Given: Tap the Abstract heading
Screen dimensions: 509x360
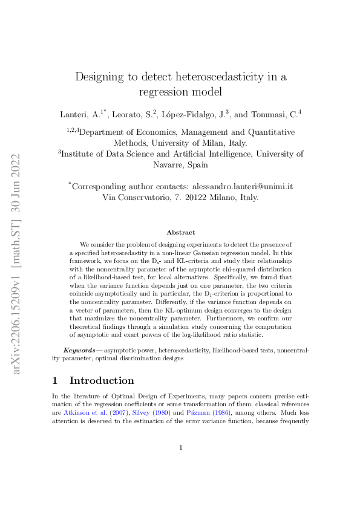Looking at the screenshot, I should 180,232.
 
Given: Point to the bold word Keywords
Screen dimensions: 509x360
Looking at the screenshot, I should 79,350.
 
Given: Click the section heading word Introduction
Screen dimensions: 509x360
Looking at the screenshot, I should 102,381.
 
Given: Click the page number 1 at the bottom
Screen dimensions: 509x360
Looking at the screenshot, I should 180,464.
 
